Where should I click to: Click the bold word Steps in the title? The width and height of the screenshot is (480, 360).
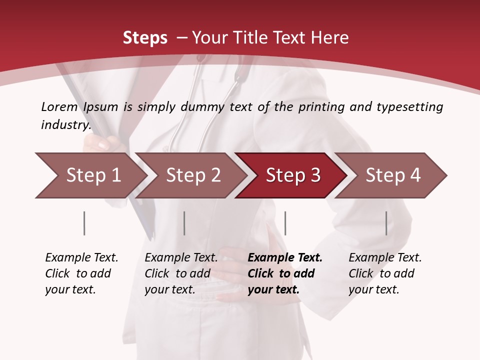coord(145,38)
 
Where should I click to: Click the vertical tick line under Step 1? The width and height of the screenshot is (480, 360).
coord(84,223)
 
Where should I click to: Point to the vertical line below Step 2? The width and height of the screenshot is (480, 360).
coord(184,223)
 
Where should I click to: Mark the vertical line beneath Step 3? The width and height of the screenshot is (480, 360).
coord(285,223)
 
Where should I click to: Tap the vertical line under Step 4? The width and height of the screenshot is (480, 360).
coord(386,223)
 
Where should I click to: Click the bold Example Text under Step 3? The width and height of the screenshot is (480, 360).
coord(285,258)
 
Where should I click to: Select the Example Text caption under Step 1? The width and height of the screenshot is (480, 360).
coord(81,258)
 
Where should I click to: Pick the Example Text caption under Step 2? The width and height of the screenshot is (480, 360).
coord(181,258)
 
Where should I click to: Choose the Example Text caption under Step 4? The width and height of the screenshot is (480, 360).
coord(385,258)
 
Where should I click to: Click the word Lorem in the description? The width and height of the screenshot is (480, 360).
coord(59,107)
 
